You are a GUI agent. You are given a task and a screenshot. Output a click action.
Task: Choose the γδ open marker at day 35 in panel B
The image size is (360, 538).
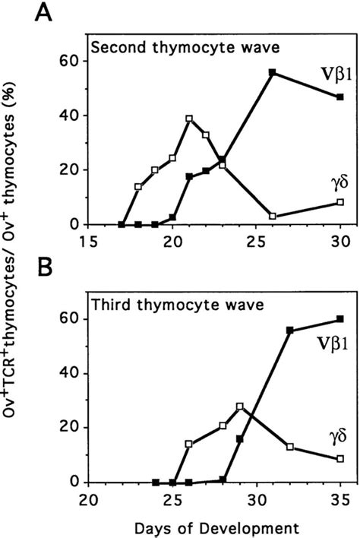[340, 459]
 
